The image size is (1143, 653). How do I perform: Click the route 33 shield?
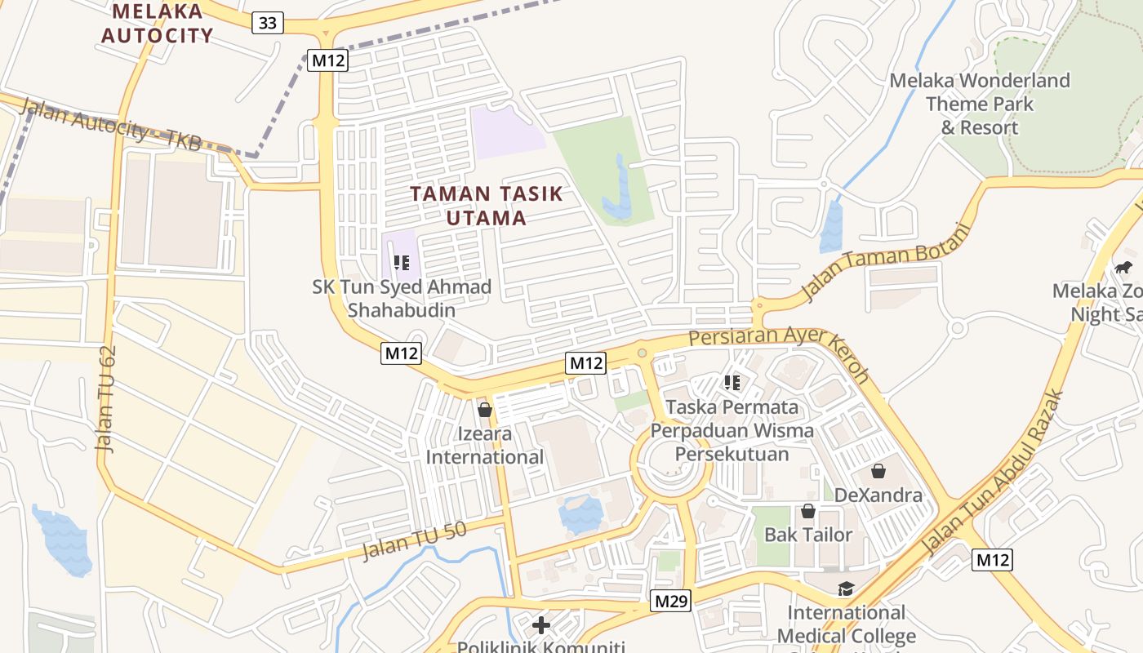(268, 23)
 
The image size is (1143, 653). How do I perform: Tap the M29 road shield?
(671, 602)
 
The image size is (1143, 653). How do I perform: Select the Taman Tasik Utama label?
(487, 206)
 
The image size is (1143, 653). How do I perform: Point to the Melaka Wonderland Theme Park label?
(980, 104)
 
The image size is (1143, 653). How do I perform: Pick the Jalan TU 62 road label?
(107, 398)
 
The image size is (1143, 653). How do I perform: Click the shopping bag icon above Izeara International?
(485, 409)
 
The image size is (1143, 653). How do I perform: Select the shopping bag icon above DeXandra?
(878, 471)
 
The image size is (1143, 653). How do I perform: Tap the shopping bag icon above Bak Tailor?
(808, 511)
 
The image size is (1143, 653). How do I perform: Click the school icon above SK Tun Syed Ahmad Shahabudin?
(401, 263)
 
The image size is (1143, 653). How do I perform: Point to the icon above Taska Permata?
(732, 382)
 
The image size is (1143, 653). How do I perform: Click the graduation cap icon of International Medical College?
(846, 589)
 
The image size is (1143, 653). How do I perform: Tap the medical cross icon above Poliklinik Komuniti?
(540, 626)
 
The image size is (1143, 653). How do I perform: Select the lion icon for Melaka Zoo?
(1123, 267)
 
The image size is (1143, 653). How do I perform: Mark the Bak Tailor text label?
(808, 535)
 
